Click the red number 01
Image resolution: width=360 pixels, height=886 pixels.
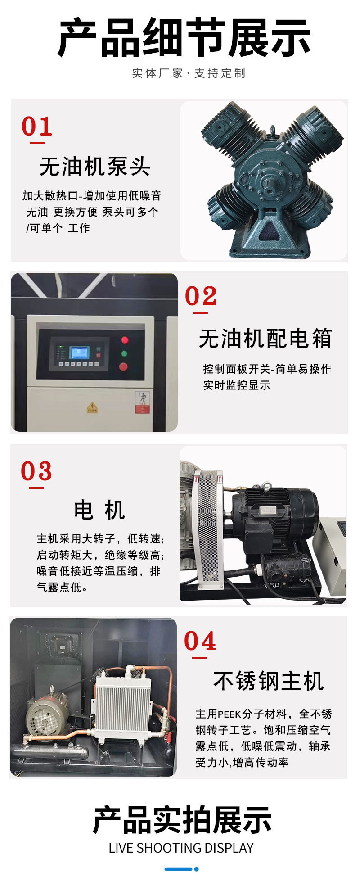pos(37,127)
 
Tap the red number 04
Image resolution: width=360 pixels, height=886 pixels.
pos(200,641)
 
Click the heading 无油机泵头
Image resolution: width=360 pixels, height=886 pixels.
pos(94,167)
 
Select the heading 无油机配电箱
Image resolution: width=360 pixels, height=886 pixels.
pos(265,339)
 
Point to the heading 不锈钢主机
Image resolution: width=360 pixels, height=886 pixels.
pos(268,681)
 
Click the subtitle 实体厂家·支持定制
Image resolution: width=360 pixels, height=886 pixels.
pos(189,73)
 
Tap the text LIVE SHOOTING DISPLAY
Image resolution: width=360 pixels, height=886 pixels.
pos(181,848)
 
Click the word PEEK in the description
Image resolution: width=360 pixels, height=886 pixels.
pos(229,714)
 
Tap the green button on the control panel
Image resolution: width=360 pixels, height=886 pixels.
pos(124,353)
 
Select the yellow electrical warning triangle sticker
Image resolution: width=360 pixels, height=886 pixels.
pos(92,407)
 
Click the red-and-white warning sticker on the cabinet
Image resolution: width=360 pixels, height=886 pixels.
pos(142,402)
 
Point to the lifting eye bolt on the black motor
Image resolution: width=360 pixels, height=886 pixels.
pos(267,486)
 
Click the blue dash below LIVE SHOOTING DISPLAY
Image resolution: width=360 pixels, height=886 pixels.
pos(179,869)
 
